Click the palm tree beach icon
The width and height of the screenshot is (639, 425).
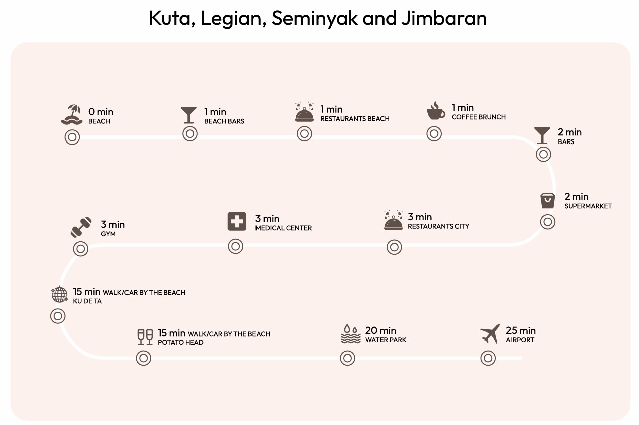71,115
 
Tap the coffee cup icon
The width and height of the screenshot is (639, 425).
435,111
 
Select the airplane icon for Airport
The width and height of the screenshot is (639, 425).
490,334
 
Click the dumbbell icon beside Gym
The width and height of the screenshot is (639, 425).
81,227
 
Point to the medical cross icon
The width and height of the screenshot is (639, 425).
237,221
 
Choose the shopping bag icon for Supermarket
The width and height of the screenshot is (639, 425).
547,200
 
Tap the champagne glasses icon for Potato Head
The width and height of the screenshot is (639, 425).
145,337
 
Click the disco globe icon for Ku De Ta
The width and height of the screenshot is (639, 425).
59,295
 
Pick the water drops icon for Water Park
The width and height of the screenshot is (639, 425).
350,334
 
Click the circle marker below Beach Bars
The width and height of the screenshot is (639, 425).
190,134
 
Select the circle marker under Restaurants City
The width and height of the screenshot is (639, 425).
394,247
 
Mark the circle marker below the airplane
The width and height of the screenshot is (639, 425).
488,358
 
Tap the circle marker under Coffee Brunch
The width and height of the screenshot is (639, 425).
434,133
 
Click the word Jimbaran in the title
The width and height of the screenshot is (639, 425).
444,18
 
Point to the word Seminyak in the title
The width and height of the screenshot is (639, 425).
314,18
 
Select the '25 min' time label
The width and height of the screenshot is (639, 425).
521,330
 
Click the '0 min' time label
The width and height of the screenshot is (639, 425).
101,112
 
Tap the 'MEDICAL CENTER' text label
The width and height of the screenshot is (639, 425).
283,228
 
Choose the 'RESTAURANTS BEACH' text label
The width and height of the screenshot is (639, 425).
354,119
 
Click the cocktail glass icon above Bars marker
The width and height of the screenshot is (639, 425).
542,135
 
